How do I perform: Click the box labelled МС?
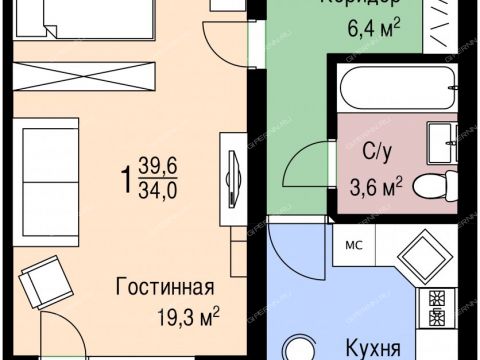click(354, 242)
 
